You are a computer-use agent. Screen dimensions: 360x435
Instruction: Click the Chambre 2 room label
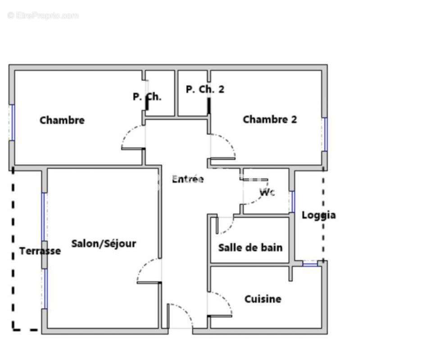point(270,120)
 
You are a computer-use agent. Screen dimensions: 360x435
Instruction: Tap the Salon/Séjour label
point(104,243)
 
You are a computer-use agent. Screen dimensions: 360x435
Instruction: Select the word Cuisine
point(263,299)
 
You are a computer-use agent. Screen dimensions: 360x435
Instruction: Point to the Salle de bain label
point(250,247)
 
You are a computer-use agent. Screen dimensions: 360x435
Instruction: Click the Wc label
point(267,192)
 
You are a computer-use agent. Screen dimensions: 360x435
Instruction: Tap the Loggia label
point(318,215)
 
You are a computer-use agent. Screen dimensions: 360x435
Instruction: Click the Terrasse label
point(40,251)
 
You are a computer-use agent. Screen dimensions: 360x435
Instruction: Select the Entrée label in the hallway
point(188,179)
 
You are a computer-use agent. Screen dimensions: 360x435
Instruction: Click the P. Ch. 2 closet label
point(205,89)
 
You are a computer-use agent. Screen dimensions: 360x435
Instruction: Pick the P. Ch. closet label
point(147,97)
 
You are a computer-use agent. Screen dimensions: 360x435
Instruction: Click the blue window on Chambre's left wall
point(12,123)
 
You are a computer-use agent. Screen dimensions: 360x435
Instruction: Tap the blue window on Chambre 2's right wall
point(325,134)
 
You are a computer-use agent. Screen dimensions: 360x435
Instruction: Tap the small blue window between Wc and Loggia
point(292,202)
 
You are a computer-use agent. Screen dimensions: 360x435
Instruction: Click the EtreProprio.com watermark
point(43,16)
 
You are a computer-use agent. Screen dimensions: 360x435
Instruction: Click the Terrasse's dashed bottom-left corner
point(13,329)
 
